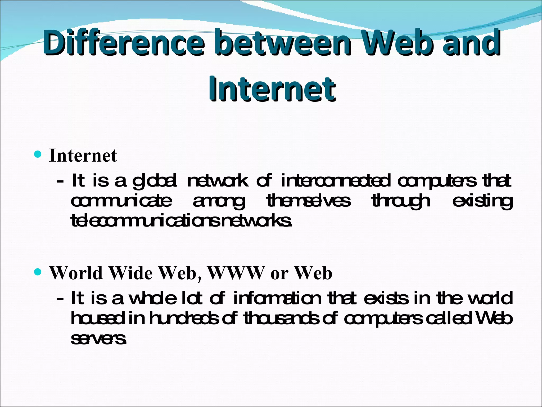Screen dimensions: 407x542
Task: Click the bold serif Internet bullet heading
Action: (83, 156)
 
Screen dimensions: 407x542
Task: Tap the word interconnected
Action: (335, 181)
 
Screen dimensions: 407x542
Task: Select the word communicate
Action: (121, 201)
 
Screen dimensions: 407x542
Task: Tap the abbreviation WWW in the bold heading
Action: (236, 273)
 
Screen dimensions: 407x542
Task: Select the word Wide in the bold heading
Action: (131, 273)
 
